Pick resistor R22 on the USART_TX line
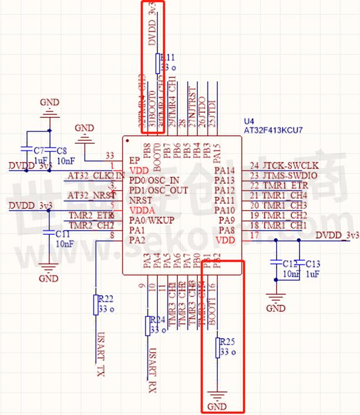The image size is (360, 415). click(x=95, y=305)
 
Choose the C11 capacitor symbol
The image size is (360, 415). click(x=50, y=234)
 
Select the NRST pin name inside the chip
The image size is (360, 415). click(x=141, y=200)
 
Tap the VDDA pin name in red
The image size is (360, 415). click(x=143, y=210)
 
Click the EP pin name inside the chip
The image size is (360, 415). click(x=134, y=160)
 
